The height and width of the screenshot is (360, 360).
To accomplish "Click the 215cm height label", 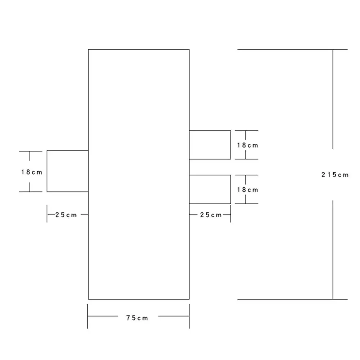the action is click(335, 175).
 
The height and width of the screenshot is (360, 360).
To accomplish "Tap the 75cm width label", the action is click(137, 318).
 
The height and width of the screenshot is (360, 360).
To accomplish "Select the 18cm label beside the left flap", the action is click(32, 172).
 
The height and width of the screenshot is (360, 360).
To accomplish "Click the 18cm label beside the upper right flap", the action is click(247, 145).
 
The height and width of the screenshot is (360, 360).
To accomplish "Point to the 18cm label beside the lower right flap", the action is click(247, 190).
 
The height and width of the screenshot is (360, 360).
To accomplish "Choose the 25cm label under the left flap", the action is click(66, 215).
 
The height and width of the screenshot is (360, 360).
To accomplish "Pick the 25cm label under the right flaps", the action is click(211, 215).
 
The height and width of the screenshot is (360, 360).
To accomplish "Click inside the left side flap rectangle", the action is click(68, 171).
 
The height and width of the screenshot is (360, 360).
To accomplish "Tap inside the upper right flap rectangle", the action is click(210, 145).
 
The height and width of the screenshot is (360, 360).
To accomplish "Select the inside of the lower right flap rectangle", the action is click(210, 190).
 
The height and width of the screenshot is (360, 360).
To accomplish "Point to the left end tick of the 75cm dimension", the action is click(87, 316).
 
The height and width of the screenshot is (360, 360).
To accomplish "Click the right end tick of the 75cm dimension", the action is click(189, 316).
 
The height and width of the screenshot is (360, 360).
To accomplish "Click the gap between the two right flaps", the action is click(210, 167).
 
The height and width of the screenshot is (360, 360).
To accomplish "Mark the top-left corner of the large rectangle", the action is click(88, 49).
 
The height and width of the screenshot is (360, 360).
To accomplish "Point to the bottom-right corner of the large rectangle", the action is click(189, 299).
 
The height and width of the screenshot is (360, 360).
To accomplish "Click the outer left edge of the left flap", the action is click(47, 171).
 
